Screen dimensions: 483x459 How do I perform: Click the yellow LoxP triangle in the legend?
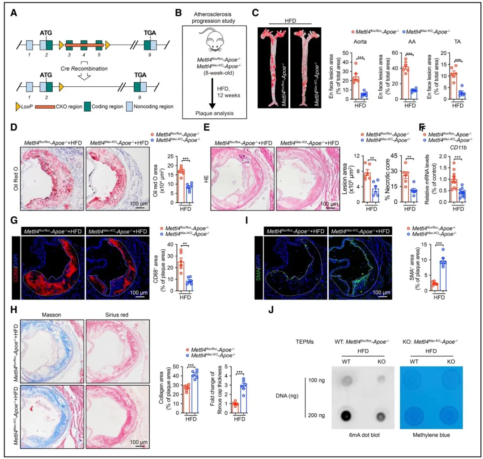[x=19, y=106]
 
